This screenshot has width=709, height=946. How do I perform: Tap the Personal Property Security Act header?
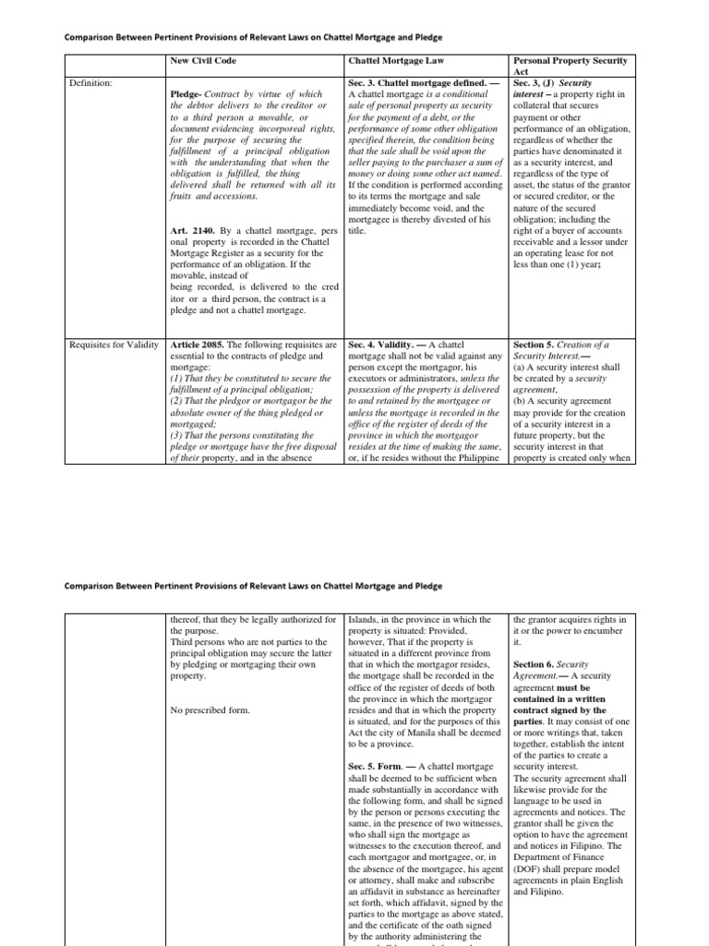click(570, 66)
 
